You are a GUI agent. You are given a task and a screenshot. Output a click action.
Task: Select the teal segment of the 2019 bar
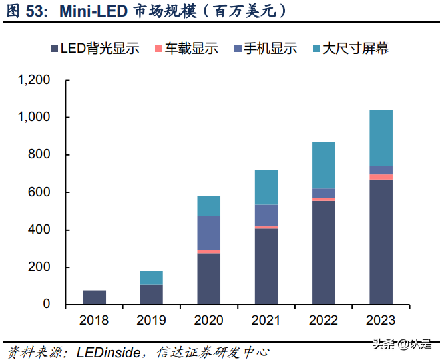(x=151, y=277)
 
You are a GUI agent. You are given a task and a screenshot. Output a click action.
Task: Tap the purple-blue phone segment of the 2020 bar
(x=208, y=232)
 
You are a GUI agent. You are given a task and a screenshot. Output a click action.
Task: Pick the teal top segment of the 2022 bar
(x=324, y=165)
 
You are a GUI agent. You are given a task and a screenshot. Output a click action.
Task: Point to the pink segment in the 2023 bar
(x=381, y=177)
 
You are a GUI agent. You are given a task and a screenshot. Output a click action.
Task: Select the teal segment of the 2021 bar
(x=266, y=187)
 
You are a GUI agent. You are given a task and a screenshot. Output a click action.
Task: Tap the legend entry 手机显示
(x=268, y=49)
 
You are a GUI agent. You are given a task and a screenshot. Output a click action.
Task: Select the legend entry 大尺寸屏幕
(x=353, y=49)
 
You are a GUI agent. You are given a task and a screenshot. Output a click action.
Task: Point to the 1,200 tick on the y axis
(x=34, y=80)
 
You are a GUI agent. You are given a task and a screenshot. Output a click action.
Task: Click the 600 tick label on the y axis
(x=39, y=192)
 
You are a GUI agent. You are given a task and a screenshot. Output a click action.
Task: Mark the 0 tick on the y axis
(x=47, y=305)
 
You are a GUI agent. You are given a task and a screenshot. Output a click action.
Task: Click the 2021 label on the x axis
(x=266, y=321)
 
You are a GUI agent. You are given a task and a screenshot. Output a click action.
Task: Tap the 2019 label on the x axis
(x=151, y=321)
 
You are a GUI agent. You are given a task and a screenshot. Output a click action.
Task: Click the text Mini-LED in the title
(x=91, y=11)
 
